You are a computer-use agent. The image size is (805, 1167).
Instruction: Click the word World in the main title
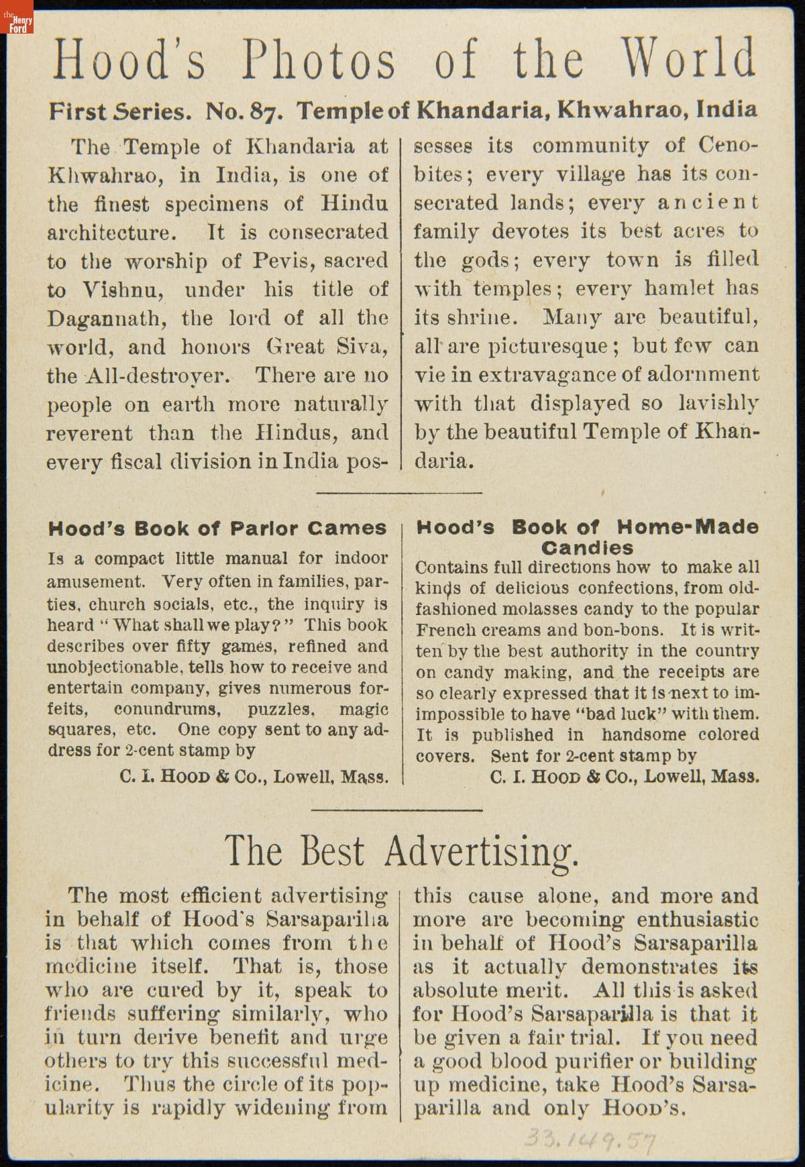[x=687, y=59]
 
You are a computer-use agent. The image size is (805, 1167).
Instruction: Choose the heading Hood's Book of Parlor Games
[x=217, y=529]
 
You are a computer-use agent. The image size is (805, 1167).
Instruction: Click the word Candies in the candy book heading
[x=587, y=548]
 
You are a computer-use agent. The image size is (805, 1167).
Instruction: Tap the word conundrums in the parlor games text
[x=167, y=709]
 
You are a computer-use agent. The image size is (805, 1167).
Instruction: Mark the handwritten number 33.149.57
[x=590, y=1137]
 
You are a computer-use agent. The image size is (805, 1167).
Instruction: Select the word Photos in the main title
[x=319, y=59]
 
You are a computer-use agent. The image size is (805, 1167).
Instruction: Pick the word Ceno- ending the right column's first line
[x=729, y=146]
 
